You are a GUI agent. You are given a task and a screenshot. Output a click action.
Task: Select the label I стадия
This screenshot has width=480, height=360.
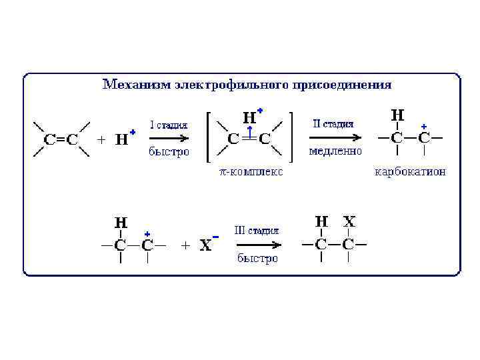[x=169, y=125]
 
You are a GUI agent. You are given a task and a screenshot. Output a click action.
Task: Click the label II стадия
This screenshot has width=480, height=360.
[x=333, y=124]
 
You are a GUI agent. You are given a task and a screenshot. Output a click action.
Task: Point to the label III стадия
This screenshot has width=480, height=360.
[x=257, y=231]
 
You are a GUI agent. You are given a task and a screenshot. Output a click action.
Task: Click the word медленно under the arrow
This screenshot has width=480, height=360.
[x=335, y=151]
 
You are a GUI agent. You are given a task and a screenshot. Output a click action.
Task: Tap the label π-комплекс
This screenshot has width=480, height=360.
[x=251, y=172]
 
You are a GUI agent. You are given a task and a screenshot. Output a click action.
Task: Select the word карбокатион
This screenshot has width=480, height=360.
[x=411, y=172]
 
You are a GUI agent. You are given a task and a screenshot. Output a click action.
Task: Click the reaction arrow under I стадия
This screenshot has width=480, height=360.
[x=168, y=139]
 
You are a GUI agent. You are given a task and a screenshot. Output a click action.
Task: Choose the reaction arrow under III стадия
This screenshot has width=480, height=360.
[x=257, y=245]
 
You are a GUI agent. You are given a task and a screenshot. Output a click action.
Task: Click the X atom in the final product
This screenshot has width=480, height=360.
[x=349, y=221]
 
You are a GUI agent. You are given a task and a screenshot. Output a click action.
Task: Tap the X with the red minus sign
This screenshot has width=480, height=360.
[x=206, y=245]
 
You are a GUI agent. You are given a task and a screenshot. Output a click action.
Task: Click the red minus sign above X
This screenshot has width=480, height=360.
[x=215, y=237]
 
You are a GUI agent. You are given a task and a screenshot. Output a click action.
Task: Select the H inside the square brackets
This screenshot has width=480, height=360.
[x=249, y=118]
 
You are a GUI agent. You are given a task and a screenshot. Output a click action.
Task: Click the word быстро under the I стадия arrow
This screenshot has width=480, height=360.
[x=169, y=152]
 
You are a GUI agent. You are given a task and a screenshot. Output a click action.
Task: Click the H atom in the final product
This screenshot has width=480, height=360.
[x=321, y=221]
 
